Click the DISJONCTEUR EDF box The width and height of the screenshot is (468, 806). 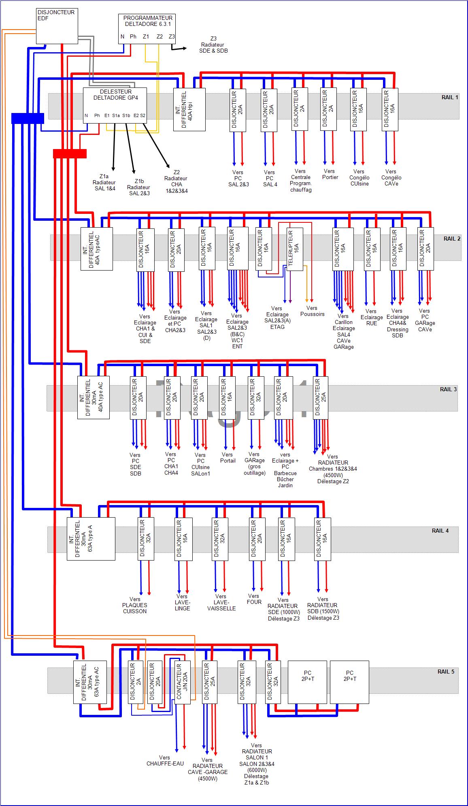click(57, 26)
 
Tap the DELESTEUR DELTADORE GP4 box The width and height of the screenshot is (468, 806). click(115, 105)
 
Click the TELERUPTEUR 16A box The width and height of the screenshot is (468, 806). click(295, 249)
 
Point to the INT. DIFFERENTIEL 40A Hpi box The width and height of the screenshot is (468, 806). click(189, 109)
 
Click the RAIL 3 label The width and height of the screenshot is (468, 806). click(448, 389)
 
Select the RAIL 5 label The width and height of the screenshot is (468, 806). click(446, 672)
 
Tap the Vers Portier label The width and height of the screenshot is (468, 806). click(330, 174)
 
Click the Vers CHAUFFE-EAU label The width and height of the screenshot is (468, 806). click(165, 761)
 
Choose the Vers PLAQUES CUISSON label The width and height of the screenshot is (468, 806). click(135, 605)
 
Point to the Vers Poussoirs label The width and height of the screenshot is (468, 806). click(312, 311)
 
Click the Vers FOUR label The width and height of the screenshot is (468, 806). click(254, 599)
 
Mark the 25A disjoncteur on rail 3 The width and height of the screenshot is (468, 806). click(320, 397)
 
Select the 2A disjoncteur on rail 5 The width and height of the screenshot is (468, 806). click(135, 682)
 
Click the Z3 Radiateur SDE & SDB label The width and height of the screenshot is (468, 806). click(213, 45)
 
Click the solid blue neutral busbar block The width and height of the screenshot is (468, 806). click(28, 118)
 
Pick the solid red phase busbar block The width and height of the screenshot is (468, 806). click(70, 154)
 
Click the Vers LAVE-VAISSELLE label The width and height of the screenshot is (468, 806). click(221, 602)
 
